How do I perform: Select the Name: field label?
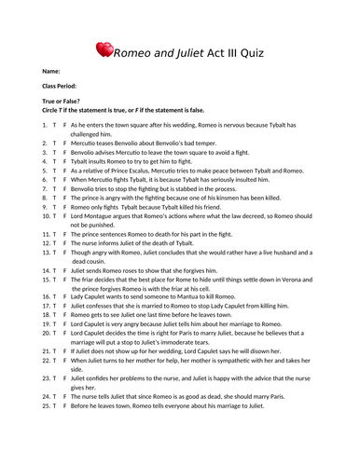(51, 72)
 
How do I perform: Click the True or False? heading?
(62, 101)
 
